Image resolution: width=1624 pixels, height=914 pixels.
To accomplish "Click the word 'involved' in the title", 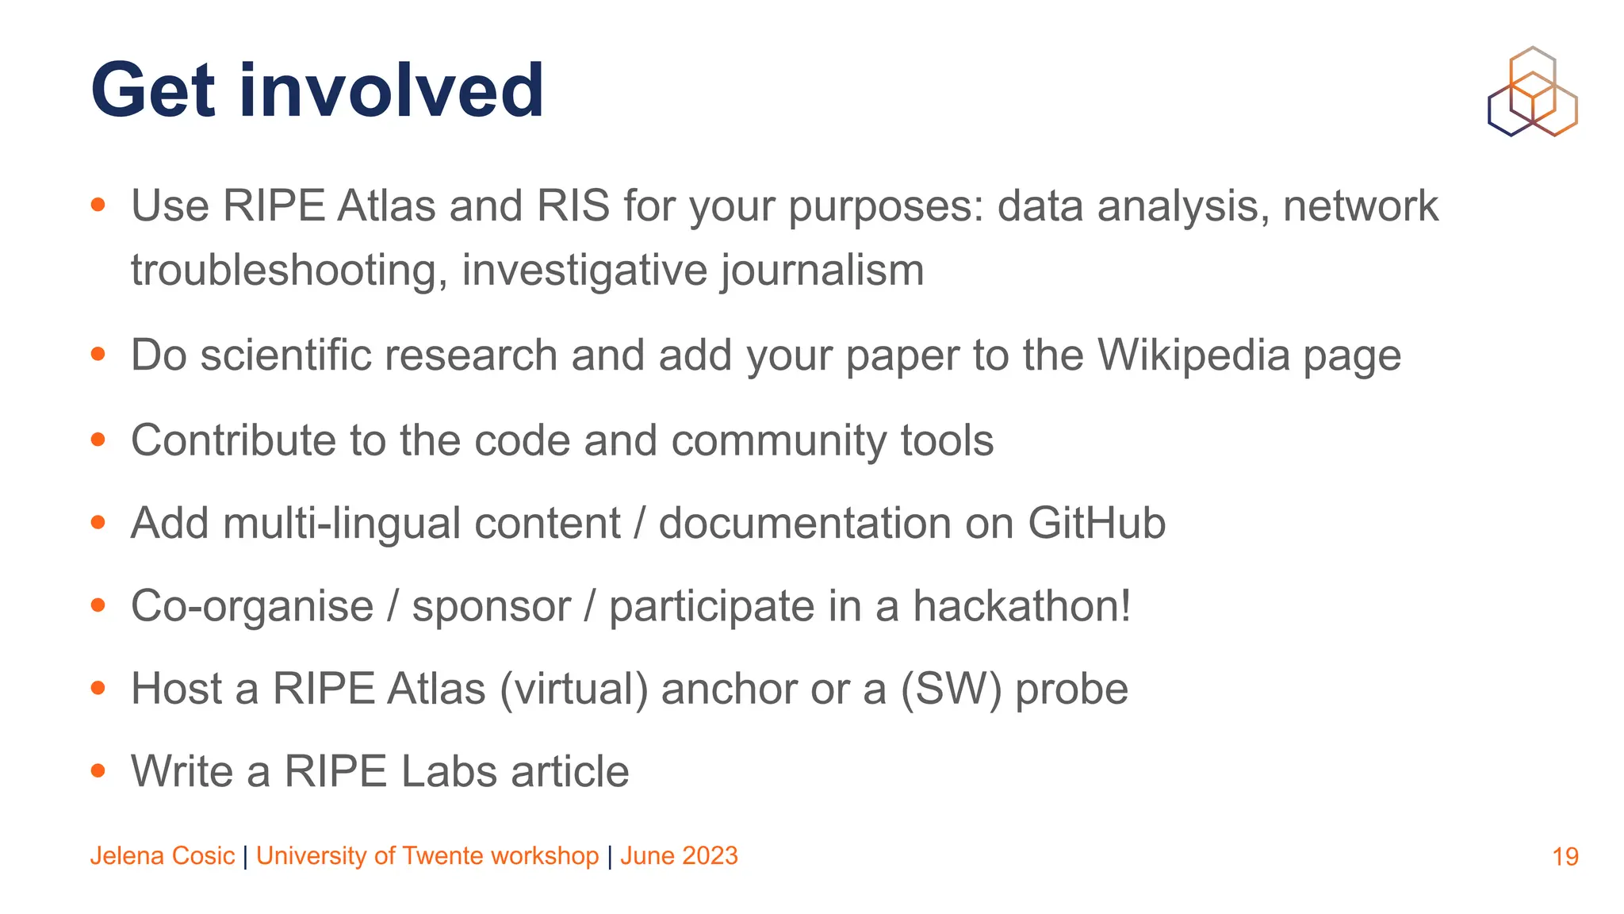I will pyautogui.click(x=392, y=90).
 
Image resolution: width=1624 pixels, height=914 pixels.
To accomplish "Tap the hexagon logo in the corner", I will pyautogui.click(x=1532, y=92).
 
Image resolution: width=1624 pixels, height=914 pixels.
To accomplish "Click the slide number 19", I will pyautogui.click(x=1565, y=857).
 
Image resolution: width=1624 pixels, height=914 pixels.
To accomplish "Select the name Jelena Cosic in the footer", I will pyautogui.click(x=162, y=856).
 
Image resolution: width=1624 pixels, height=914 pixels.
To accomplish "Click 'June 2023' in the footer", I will pyautogui.click(x=679, y=856).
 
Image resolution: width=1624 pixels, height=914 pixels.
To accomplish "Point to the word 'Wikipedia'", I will pyautogui.click(x=1194, y=355).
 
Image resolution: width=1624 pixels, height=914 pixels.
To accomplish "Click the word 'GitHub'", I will pyautogui.click(x=1096, y=524).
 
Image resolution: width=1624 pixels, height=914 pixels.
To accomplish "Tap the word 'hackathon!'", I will pyautogui.click(x=1021, y=606).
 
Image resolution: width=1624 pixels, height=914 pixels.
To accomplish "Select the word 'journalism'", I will pyautogui.click(x=822, y=271).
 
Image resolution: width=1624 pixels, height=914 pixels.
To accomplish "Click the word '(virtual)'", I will pyautogui.click(x=573, y=689).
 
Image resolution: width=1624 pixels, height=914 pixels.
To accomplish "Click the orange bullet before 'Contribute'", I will pyautogui.click(x=98, y=440).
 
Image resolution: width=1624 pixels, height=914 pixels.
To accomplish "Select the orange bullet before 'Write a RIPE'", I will pyautogui.click(x=98, y=770).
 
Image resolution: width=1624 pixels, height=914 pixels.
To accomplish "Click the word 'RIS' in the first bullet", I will pyautogui.click(x=573, y=206).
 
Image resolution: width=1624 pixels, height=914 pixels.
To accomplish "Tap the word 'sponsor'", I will pyautogui.click(x=491, y=606).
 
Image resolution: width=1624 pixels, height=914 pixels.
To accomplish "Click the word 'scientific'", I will pyautogui.click(x=285, y=355).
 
